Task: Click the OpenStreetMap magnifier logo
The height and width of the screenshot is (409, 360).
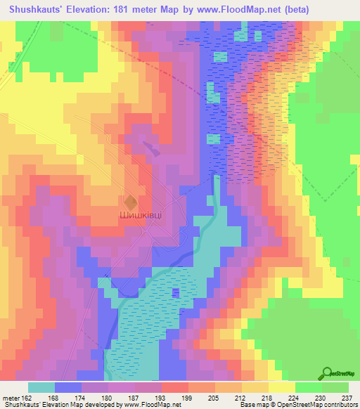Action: [x=327, y=372]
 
